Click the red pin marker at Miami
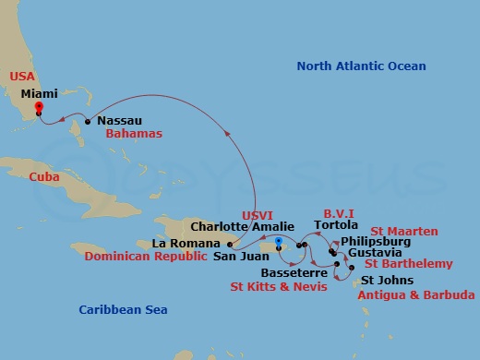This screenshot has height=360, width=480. [38, 107]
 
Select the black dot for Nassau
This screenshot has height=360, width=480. [88, 121]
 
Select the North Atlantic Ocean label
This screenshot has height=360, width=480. [361, 66]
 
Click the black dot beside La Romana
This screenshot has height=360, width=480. [229, 245]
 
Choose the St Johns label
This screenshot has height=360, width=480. [388, 280]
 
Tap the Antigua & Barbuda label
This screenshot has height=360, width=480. [416, 294]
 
